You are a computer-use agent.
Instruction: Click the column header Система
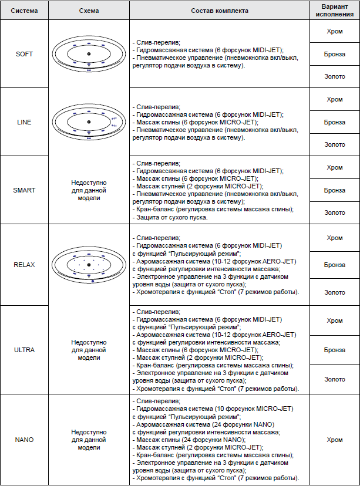coord(25,11)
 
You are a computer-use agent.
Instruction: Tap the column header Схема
coord(89,11)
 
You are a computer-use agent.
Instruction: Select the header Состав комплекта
coord(220,11)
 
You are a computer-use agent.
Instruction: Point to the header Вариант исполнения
coord(335,11)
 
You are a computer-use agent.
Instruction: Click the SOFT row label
coord(25,54)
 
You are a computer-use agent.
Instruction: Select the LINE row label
coord(25,122)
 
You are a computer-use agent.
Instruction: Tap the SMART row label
coord(25,190)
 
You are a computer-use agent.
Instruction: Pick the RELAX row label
coord(25,265)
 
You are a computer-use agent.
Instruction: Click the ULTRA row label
coord(25,350)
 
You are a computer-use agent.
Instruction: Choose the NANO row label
coord(25,439)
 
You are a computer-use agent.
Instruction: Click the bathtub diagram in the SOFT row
coord(89,54)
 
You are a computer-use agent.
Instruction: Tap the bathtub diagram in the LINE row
coord(89,122)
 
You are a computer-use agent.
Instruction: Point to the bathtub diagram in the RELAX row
coord(89,265)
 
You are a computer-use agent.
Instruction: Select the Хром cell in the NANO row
coord(335,439)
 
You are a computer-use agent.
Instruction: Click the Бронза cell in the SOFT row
coord(335,54)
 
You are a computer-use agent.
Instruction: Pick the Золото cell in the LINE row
coord(335,144)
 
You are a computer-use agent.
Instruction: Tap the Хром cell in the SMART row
coord(335,168)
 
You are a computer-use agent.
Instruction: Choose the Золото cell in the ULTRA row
coord(335,380)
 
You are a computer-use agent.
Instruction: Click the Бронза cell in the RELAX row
coord(335,265)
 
